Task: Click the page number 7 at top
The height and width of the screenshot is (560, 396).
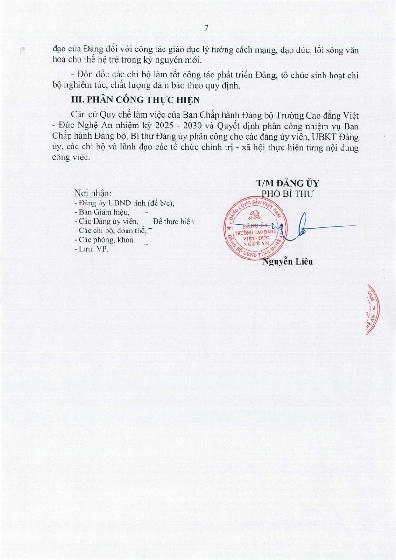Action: (206, 28)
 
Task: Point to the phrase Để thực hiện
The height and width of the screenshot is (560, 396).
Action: (173, 222)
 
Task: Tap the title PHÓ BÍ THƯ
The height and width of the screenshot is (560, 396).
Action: (287, 193)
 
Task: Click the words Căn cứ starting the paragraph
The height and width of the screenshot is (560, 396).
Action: (80, 114)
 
